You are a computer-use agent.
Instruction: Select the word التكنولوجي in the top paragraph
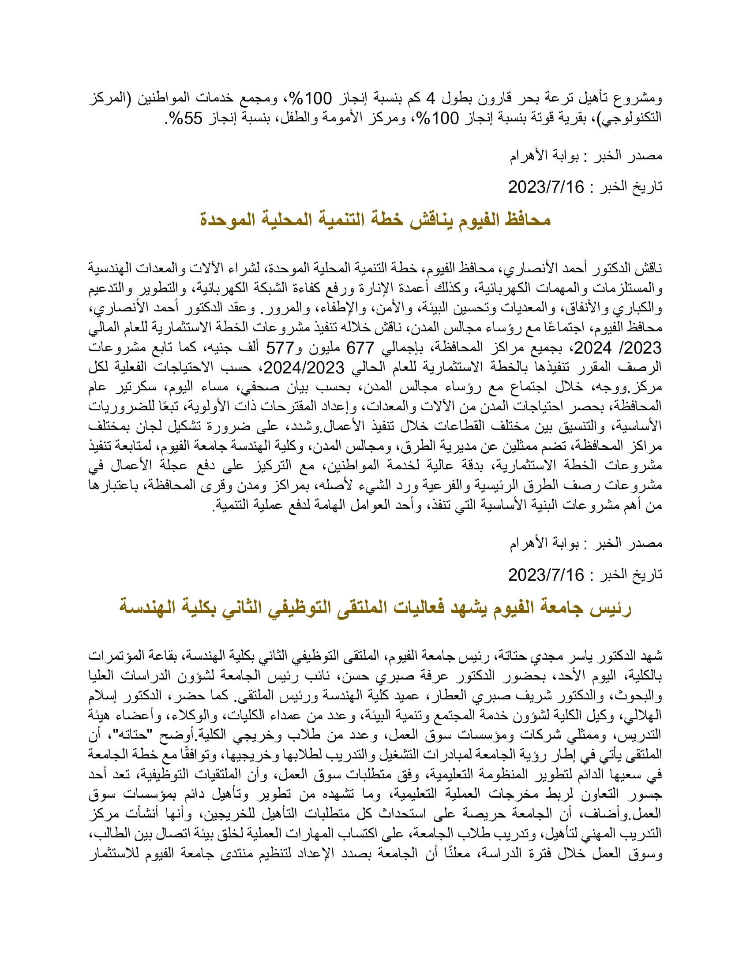[x=631, y=118]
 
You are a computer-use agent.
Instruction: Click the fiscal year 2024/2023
[x=304, y=367]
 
